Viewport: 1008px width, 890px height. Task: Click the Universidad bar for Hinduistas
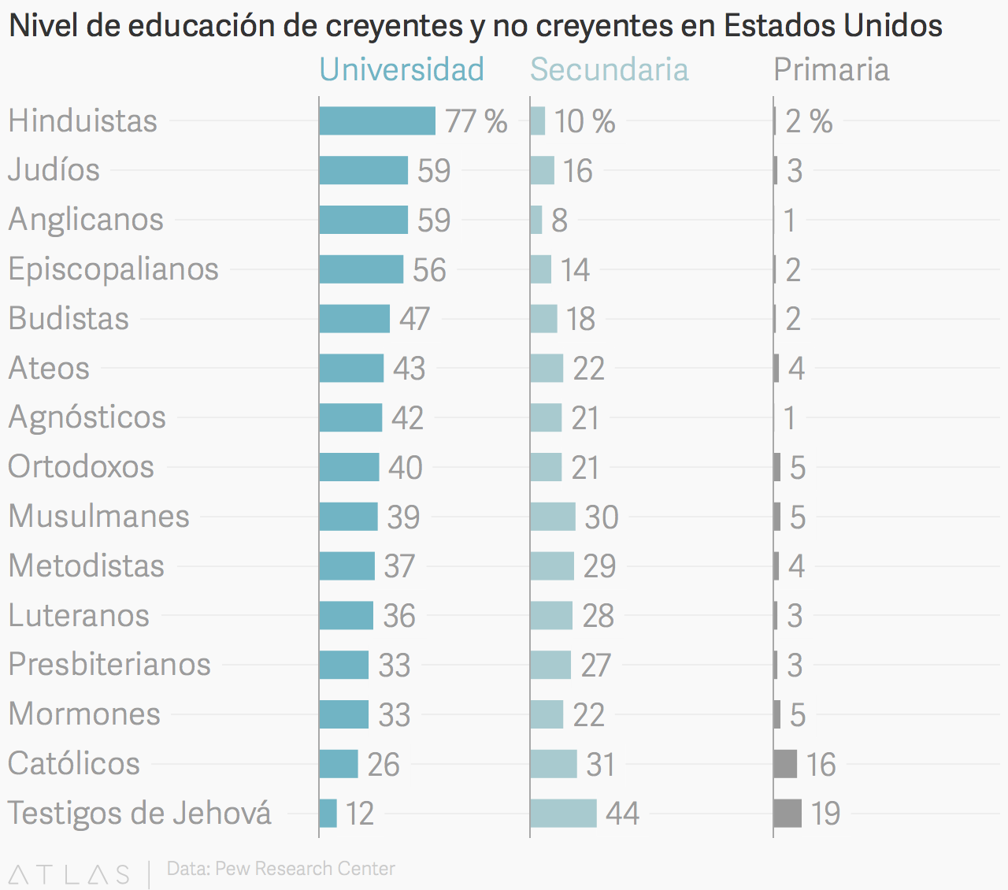[x=377, y=121]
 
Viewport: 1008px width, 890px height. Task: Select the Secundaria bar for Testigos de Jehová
[x=563, y=813]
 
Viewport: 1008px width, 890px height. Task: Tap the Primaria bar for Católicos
[x=785, y=764]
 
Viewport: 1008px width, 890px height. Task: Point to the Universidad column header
[x=402, y=69]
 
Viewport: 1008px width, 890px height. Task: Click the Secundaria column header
[x=609, y=69]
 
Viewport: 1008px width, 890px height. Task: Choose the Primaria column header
[x=831, y=69]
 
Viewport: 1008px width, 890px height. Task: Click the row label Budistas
[x=69, y=318]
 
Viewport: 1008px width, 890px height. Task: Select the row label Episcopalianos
[x=113, y=269]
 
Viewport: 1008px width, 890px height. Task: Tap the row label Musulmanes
[x=98, y=516]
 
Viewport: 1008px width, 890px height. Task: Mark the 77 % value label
[x=476, y=121]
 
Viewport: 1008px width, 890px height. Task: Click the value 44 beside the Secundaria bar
[x=622, y=814]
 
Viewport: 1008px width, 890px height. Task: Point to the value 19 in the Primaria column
[x=825, y=814]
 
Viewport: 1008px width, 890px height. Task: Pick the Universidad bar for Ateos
[x=351, y=368]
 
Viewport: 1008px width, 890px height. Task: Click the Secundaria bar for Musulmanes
[x=553, y=517]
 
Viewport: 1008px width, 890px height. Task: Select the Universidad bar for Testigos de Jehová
[x=328, y=813]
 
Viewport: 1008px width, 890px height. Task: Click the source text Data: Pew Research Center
[x=280, y=869]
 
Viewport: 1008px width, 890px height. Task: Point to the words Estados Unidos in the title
[x=832, y=26]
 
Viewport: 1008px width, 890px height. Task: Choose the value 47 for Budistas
[x=414, y=319]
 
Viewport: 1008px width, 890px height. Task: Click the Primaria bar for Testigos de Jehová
[x=787, y=813]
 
